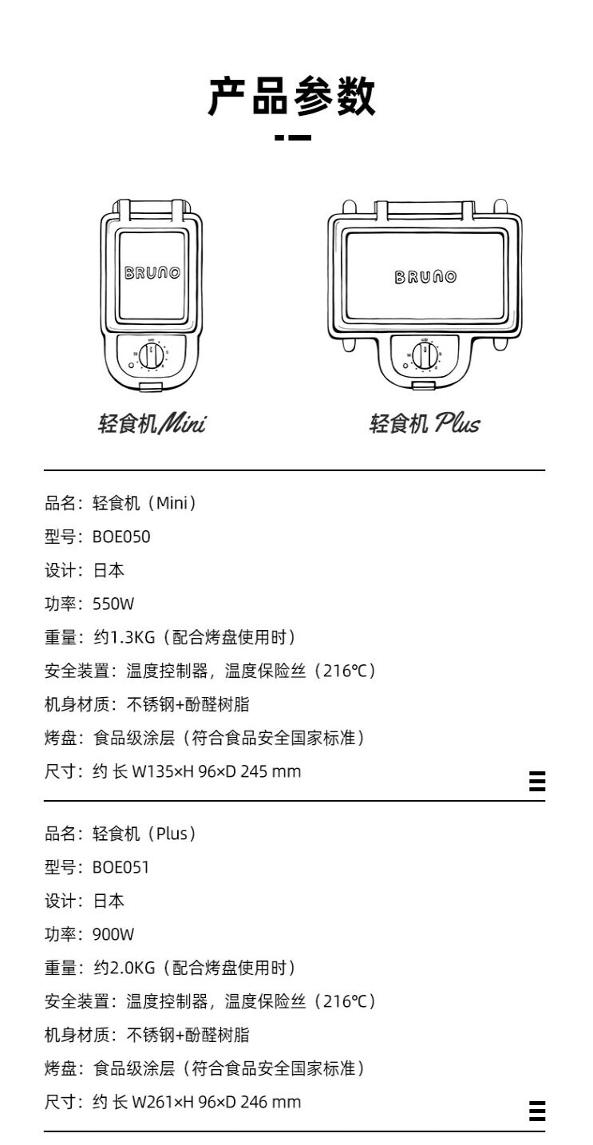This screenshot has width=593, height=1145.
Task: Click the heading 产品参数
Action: (x=291, y=97)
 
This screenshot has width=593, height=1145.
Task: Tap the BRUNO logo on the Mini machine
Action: (x=152, y=272)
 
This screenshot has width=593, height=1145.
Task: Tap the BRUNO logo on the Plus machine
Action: (x=425, y=277)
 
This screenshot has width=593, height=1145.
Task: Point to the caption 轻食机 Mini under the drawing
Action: (x=152, y=423)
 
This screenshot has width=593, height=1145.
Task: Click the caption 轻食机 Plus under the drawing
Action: (x=425, y=423)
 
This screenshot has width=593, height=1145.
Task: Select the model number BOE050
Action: (x=121, y=537)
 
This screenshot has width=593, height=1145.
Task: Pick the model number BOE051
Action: (x=121, y=867)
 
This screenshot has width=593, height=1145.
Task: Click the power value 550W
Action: (x=113, y=604)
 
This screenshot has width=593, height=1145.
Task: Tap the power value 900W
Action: (x=113, y=934)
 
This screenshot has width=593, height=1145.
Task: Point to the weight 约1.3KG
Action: (x=125, y=637)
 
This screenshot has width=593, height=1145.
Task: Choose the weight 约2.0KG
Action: (x=125, y=968)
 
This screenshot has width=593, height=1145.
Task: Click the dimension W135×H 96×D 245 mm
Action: (x=216, y=771)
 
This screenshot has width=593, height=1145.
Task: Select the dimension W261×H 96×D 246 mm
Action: (x=216, y=1102)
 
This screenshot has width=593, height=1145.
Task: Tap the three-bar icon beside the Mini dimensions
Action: (x=537, y=781)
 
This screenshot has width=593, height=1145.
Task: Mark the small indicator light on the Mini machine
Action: (x=131, y=366)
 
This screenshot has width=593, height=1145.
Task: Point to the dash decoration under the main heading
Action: (x=293, y=137)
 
